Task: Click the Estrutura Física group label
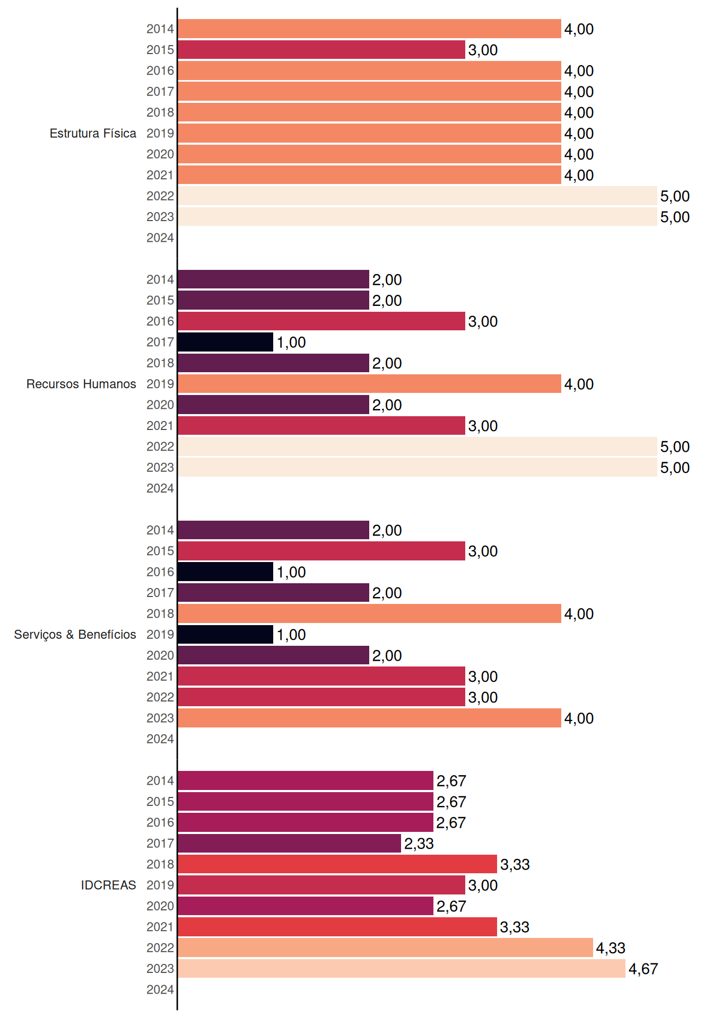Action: tap(93, 133)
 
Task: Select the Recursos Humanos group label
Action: tap(81, 384)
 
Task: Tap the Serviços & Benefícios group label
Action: tap(75, 635)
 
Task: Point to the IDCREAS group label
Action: tap(108, 885)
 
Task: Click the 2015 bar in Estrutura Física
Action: tap(321, 50)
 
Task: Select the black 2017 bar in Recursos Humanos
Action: tap(225, 342)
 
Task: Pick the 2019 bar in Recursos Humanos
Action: tap(370, 384)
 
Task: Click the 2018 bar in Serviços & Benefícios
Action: tap(370, 613)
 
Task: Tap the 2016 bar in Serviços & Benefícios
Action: tap(225, 572)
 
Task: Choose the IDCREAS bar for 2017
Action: tap(290, 844)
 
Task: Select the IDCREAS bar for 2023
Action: tap(402, 969)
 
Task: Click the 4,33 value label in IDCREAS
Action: tap(611, 948)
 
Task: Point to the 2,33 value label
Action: tap(419, 844)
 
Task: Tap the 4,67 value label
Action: tap(643, 969)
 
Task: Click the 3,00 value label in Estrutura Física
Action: tap(483, 50)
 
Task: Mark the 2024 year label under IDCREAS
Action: tap(160, 989)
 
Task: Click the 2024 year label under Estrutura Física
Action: tap(160, 238)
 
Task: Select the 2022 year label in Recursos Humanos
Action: tap(160, 446)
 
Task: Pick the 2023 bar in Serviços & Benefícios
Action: tap(370, 718)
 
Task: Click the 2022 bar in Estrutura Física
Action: tap(418, 196)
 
